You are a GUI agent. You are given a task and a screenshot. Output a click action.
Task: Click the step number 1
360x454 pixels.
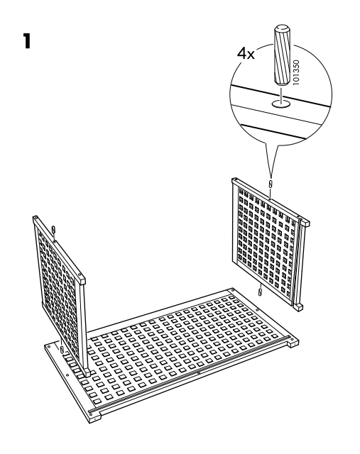[27, 41]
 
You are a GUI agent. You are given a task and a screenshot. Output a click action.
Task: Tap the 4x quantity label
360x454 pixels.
[246, 54]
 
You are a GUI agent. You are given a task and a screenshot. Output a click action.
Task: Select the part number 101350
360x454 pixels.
[296, 72]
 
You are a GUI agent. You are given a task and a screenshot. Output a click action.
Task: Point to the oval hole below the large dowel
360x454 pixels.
[281, 104]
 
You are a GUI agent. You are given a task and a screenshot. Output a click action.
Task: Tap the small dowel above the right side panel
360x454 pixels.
[271, 184]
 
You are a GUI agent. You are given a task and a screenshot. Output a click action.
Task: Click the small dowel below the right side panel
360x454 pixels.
[261, 292]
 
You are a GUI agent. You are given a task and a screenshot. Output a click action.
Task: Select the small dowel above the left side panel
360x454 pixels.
[53, 230]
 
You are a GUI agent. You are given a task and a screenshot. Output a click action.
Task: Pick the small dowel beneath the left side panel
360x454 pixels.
[62, 349]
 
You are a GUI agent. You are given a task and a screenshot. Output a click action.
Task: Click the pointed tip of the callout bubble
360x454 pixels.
[271, 177]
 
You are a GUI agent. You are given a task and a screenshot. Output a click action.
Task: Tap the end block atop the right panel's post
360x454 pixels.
[304, 223]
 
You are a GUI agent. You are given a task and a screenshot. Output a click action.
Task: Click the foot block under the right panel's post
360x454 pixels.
[298, 307]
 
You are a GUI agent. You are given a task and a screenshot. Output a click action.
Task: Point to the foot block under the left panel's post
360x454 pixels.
[87, 373]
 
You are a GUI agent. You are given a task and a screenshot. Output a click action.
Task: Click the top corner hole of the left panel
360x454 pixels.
[36, 217]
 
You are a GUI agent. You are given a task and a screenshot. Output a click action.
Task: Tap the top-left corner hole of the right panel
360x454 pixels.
[234, 180]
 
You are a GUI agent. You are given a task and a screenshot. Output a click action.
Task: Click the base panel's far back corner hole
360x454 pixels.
[232, 289]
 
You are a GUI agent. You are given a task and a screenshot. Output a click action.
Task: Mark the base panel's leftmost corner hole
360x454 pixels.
[49, 346]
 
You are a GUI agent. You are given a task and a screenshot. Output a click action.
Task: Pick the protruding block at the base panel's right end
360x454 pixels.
[293, 343]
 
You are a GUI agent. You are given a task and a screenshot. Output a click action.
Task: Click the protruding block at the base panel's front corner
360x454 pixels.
[95, 418]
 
